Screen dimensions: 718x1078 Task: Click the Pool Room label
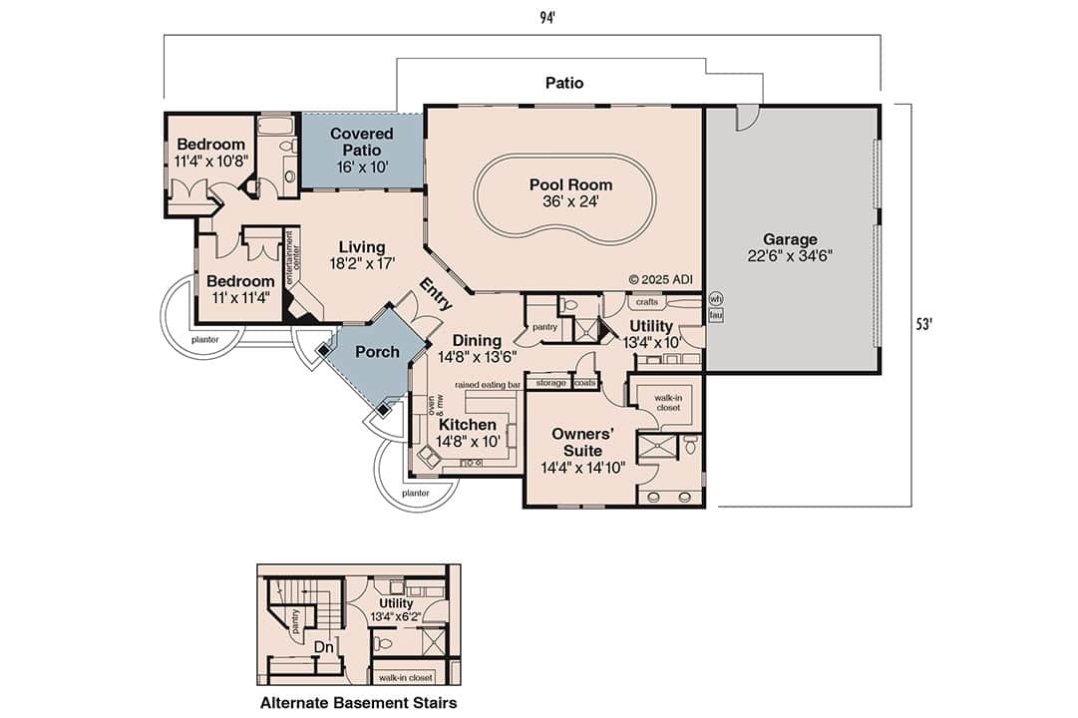click(570, 184)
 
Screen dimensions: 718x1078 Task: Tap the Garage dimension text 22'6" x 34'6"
click(790, 255)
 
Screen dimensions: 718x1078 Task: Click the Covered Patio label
click(361, 141)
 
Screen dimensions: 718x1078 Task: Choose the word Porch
click(377, 351)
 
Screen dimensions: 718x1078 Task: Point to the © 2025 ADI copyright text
click(660, 279)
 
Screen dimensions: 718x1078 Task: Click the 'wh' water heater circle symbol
click(715, 298)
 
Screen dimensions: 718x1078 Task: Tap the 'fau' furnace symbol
click(715, 315)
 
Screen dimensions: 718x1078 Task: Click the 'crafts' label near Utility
click(646, 301)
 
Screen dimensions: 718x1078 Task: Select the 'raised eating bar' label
click(488, 383)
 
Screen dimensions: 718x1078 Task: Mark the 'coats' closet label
click(585, 383)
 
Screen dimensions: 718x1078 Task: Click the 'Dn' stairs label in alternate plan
click(323, 646)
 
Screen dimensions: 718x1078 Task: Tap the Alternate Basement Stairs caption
click(358, 703)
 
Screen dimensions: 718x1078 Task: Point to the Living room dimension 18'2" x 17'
click(361, 264)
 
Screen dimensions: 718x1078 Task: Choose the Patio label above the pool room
click(563, 83)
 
